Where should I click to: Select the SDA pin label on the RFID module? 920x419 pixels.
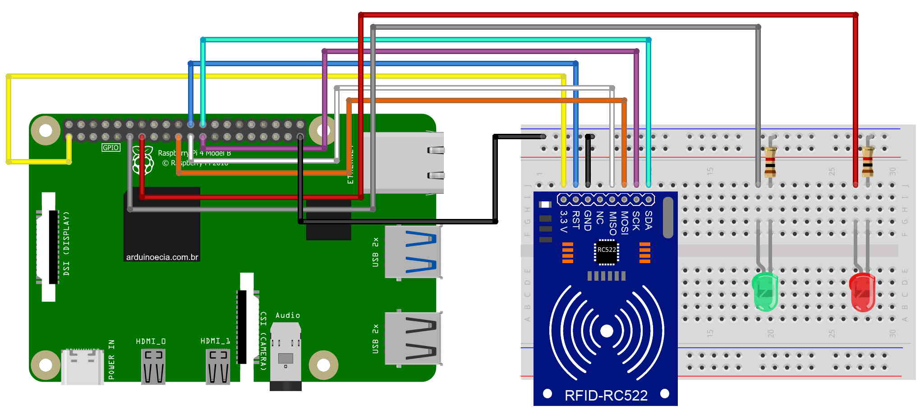[649, 220]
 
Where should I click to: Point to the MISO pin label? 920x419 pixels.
[612, 223]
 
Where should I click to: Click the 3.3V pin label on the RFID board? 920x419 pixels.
[563, 221]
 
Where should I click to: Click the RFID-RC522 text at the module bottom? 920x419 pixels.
[606, 396]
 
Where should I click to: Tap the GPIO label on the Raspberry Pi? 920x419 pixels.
[110, 147]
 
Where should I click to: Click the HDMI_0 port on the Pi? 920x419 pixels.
[153, 366]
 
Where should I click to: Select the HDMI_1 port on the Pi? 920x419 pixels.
[218, 366]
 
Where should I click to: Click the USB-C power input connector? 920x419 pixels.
[83, 366]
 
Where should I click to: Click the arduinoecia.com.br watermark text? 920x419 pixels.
[162, 257]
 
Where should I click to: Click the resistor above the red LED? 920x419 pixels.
[867, 162]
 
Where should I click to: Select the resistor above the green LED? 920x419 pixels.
[770, 162]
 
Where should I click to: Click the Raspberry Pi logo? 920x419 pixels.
[143, 161]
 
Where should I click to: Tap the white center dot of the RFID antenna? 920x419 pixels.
[607, 331]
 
